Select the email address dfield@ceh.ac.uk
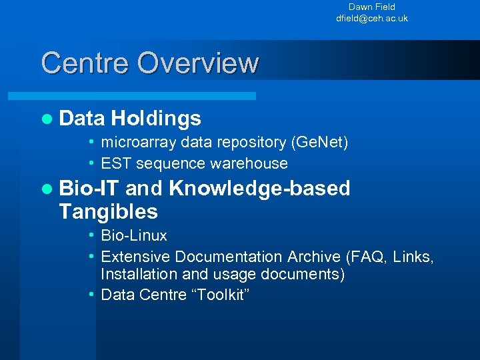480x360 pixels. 372,18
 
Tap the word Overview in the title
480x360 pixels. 197,63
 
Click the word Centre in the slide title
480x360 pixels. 85,63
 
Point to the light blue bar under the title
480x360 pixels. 147,96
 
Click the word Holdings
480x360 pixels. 156,119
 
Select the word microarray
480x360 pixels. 130,142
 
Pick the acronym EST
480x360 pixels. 113,163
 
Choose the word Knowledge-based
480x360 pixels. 259,189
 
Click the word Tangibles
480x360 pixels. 108,212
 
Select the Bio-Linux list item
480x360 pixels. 133,235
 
